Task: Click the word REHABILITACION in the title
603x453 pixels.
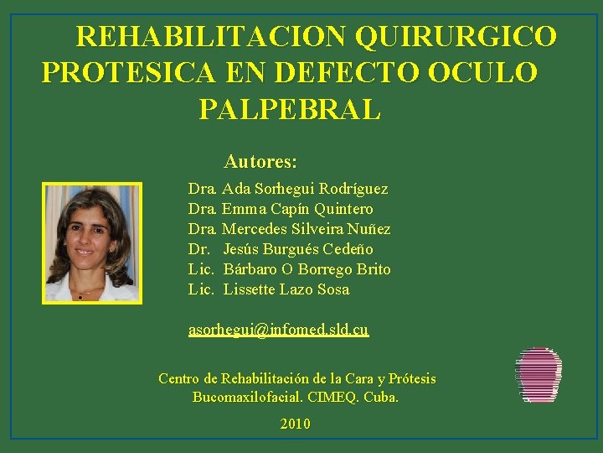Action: [x=210, y=37]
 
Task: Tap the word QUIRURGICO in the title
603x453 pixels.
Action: [x=456, y=37]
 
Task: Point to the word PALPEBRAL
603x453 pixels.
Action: [x=290, y=109]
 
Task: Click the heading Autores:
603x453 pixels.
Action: [x=260, y=161]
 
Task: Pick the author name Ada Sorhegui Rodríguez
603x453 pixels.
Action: [x=305, y=190]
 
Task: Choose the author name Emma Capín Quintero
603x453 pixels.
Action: [x=297, y=209]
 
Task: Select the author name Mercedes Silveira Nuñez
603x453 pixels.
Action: [x=306, y=229]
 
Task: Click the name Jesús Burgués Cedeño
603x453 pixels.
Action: [x=298, y=249]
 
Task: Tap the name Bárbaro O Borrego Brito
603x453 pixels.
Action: [x=307, y=269]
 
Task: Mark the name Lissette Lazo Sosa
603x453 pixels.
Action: [x=286, y=289]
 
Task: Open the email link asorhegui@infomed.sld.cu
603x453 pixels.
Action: [x=278, y=331]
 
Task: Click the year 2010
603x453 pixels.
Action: [x=295, y=424]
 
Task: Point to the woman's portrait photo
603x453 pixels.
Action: [x=91, y=242]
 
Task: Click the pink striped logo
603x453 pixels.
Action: [x=539, y=375]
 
